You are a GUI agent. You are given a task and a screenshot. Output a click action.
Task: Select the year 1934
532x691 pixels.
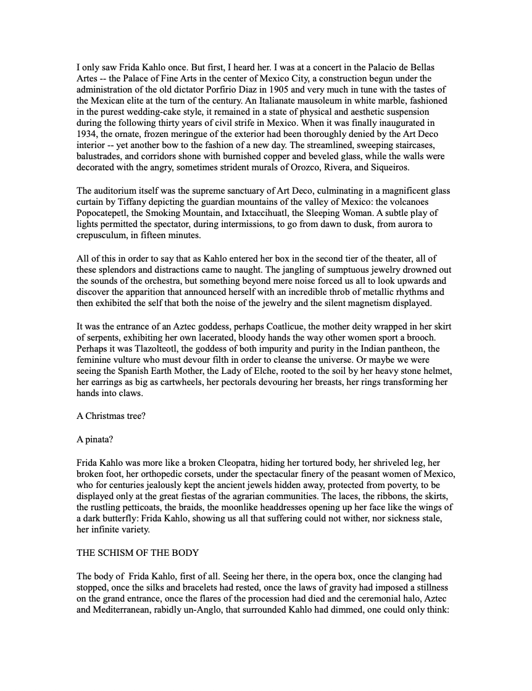click(88, 133)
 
